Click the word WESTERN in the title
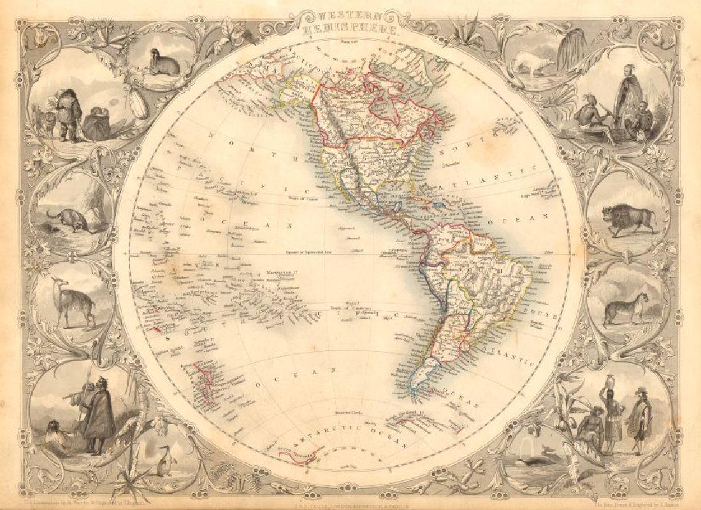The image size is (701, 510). pyautogui.click(x=349, y=17)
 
